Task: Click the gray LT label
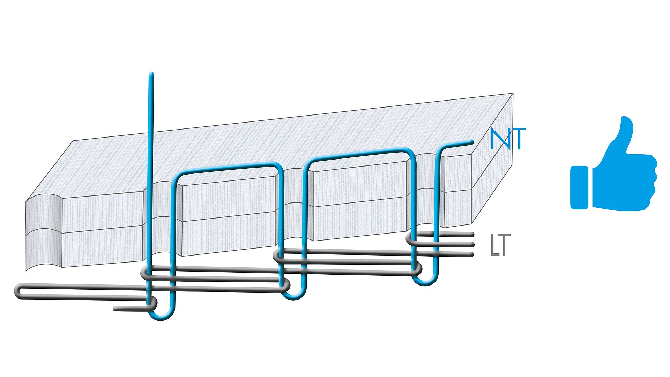pos(500,245)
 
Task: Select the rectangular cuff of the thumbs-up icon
pos(579,188)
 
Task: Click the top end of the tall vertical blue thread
pos(151,74)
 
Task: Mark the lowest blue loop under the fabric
pos(161,316)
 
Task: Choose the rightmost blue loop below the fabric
pos(426,282)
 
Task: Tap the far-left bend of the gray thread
pos(16,291)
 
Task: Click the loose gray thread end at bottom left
pos(116,309)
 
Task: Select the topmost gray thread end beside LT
pos(471,235)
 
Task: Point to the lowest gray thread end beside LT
pos(471,254)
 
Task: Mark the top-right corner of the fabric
pos(513,93)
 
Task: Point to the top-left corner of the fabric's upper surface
pos(73,141)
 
